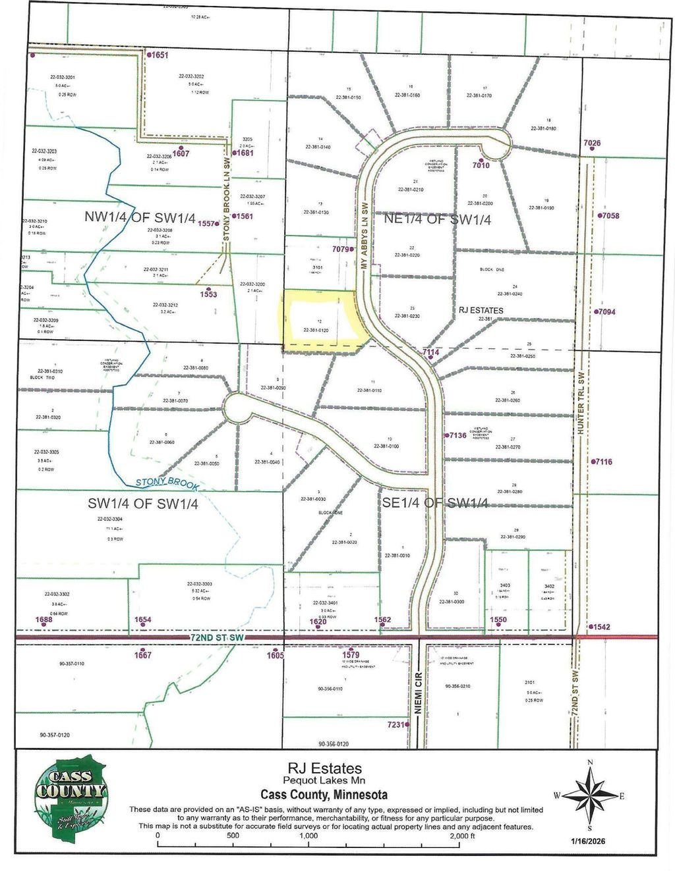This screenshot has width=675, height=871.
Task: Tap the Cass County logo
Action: [x=71, y=796]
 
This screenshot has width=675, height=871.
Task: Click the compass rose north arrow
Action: [x=589, y=795]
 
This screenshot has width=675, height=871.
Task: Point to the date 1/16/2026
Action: [x=588, y=841]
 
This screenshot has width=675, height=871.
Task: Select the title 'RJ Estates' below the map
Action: [x=324, y=768]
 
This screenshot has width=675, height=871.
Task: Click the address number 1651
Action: [x=160, y=55]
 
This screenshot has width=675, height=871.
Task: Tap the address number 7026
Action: [x=592, y=144]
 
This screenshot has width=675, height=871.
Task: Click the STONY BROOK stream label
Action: [x=166, y=483]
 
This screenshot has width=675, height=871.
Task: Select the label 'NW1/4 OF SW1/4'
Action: [x=140, y=219]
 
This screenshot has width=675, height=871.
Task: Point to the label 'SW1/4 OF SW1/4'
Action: [x=143, y=504]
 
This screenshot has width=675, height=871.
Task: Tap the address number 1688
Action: [x=44, y=620]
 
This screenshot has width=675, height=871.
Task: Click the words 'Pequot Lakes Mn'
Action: [x=324, y=781]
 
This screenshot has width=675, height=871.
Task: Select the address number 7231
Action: [x=395, y=724]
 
